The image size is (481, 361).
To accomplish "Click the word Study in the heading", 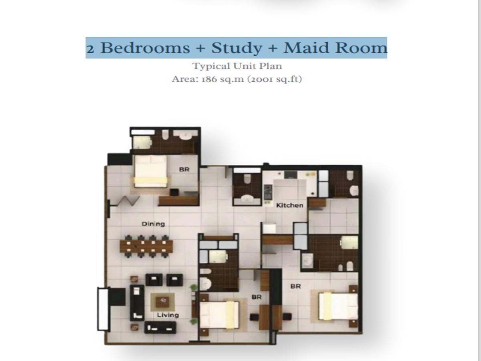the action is pyautogui.click(x=236, y=48).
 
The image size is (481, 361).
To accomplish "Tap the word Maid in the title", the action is pyautogui.click(x=306, y=48).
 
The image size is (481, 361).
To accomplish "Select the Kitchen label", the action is pyautogui.click(x=290, y=205).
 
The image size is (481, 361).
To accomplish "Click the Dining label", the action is pyautogui.click(x=153, y=224).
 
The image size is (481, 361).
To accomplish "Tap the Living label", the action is pyautogui.click(x=168, y=315).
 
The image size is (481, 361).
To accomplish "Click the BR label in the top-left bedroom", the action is pyautogui.click(x=184, y=169).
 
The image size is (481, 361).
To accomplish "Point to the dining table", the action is pyautogui.click(x=146, y=246).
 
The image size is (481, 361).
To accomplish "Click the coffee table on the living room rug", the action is pyautogui.click(x=162, y=302).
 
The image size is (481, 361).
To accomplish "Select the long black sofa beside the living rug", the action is pyautogui.click(x=137, y=302).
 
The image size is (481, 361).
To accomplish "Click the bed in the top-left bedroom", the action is pyautogui.click(x=151, y=171).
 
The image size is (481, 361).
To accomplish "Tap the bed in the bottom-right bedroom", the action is pyautogui.click(x=338, y=306).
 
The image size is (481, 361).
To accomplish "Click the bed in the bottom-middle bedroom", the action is pyautogui.click(x=219, y=315).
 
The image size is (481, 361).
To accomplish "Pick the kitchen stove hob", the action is pyautogui.click(x=268, y=192).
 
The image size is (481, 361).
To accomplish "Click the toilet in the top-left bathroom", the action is pyautogui.click(x=165, y=134).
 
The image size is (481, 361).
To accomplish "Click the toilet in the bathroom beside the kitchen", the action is pyautogui.click(x=247, y=178).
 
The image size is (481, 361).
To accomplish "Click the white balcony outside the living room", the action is pyautogui.click(x=103, y=309).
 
